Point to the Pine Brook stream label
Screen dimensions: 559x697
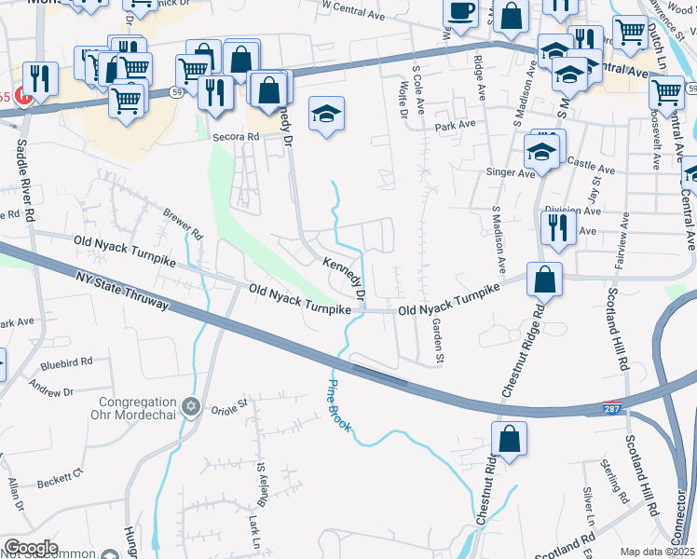(x=339, y=404)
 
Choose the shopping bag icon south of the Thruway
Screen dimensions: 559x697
(x=510, y=440)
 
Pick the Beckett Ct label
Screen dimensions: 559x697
(x=61, y=479)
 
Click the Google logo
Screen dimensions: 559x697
(x=30, y=548)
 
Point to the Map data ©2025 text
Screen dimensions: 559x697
(x=657, y=552)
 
